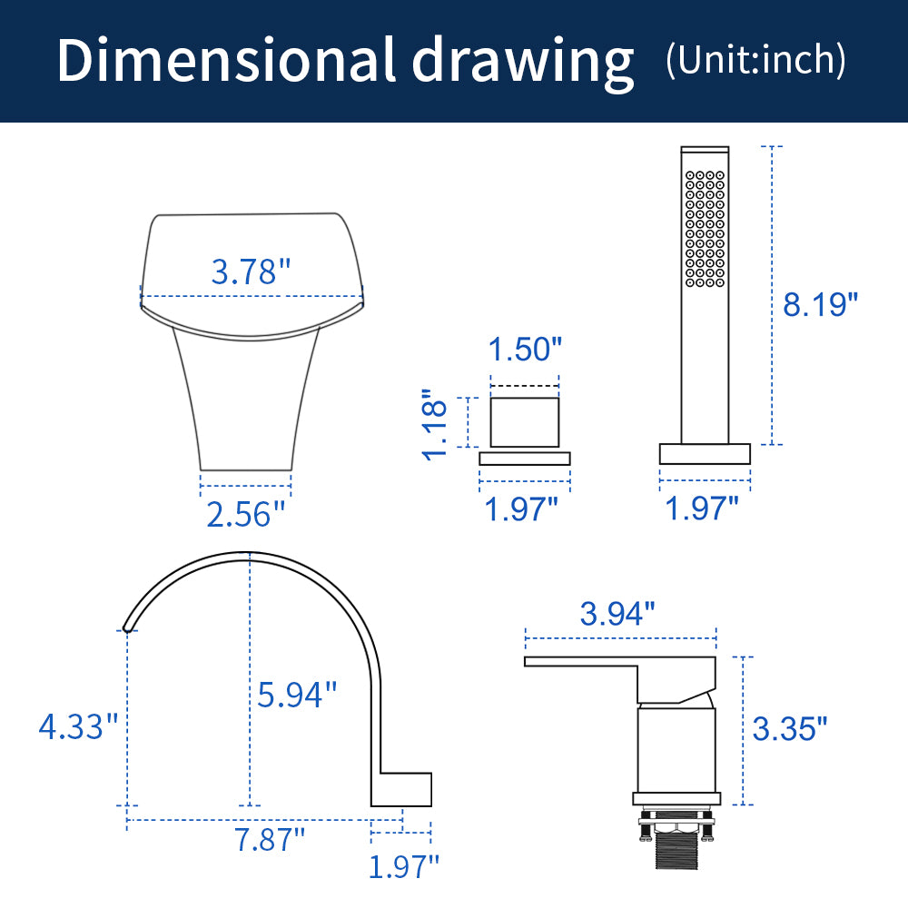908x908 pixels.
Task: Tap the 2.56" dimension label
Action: coord(246,514)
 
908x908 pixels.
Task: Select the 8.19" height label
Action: coord(820,304)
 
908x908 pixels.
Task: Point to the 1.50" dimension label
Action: coord(525,350)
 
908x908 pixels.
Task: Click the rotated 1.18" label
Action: coord(435,424)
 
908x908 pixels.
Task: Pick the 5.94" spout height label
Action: coord(297,695)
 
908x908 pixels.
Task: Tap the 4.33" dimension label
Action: coord(78,726)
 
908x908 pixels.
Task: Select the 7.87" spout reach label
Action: coord(270,839)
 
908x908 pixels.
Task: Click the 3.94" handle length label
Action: coord(617,613)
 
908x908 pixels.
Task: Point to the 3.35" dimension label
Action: coord(790,728)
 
